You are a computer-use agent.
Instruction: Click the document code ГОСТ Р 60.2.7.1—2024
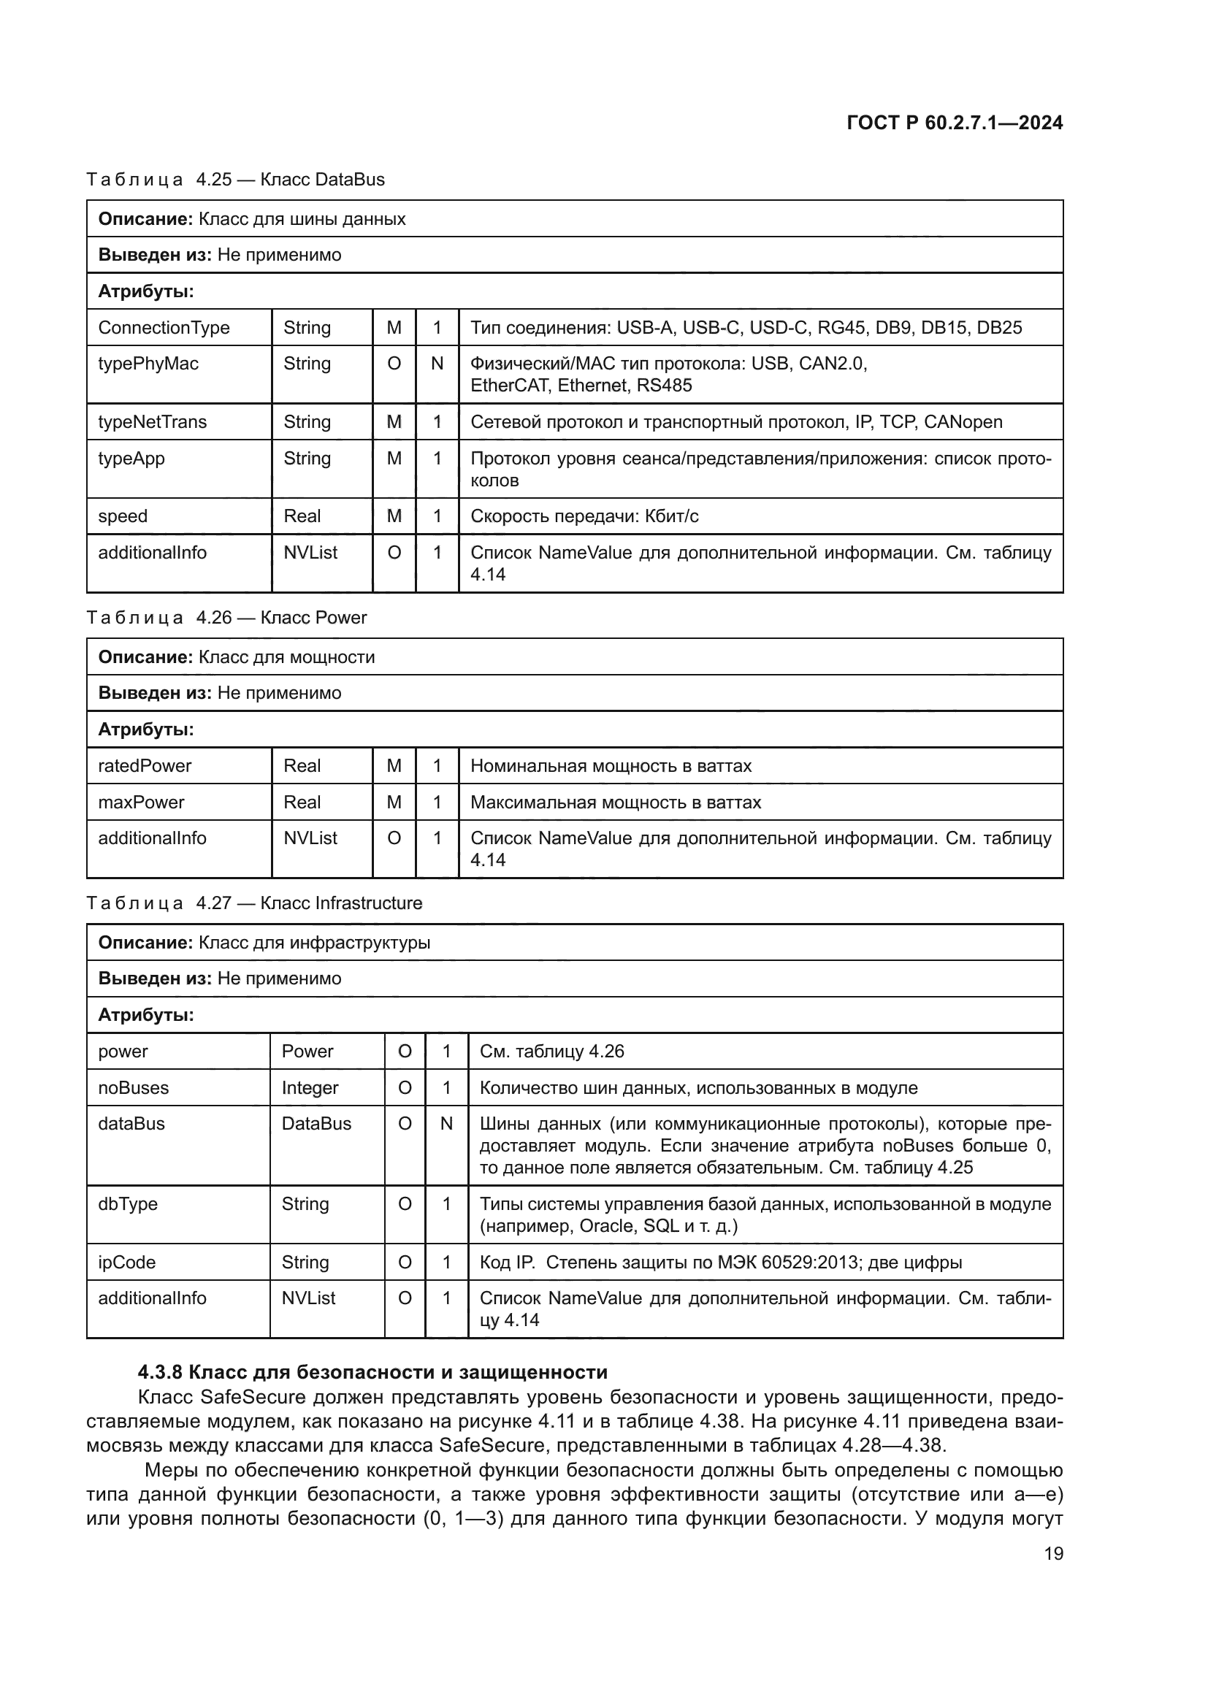[x=955, y=123]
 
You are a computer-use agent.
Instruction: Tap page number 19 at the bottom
[x=1053, y=1553]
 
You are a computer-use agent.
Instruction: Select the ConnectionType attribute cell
[x=164, y=327]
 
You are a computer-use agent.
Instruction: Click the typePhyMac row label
[x=149, y=364]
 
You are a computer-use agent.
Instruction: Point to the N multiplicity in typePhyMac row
[x=437, y=364]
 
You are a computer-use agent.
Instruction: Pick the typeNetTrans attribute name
[x=153, y=422]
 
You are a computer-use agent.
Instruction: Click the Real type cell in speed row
[x=302, y=516]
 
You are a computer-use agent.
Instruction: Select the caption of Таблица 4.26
[x=227, y=618]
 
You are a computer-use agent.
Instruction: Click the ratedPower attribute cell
[x=145, y=766]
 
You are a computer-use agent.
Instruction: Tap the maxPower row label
[x=142, y=803]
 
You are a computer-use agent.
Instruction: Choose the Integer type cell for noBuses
[x=310, y=1088]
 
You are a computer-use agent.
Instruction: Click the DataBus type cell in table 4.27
[x=316, y=1124]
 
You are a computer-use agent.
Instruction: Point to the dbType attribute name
[x=128, y=1204]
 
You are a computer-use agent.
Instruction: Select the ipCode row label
[x=127, y=1263]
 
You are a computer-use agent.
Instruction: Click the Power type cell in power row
[x=307, y=1052]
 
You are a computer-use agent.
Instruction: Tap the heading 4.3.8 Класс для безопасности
[x=372, y=1372]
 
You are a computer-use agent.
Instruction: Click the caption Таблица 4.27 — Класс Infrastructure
[x=254, y=903]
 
